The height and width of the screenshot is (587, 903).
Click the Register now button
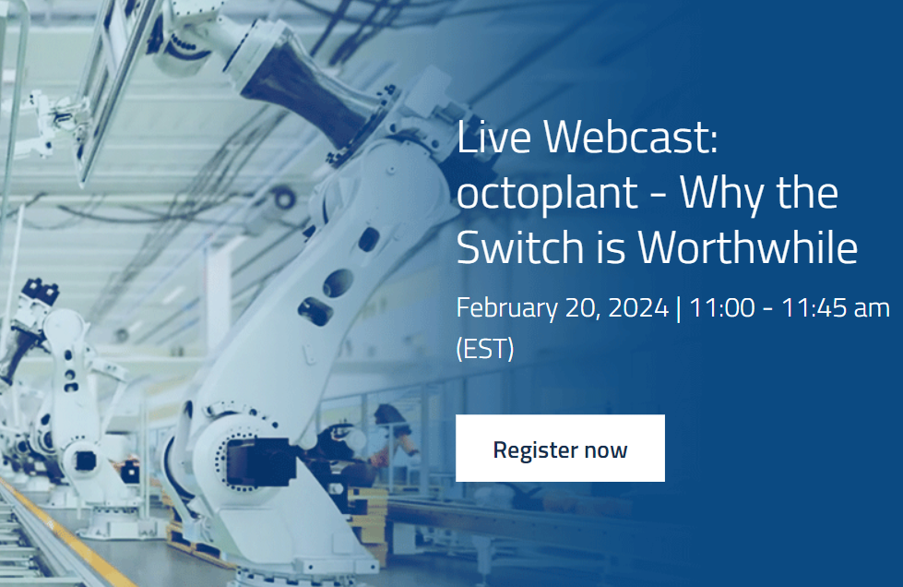tap(560, 448)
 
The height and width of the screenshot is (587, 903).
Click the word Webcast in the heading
tap(631, 138)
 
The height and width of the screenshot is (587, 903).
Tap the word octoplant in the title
tap(547, 194)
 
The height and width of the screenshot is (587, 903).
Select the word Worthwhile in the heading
tap(747, 247)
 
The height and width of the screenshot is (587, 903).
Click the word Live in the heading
tap(493, 138)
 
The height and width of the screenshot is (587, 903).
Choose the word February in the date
tap(506, 308)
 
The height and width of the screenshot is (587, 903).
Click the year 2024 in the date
tap(638, 307)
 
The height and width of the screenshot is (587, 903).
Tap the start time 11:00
tap(721, 307)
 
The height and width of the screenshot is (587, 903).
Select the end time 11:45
tap(814, 307)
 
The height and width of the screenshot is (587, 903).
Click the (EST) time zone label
tap(485, 349)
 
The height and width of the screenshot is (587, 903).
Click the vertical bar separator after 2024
tap(678, 308)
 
